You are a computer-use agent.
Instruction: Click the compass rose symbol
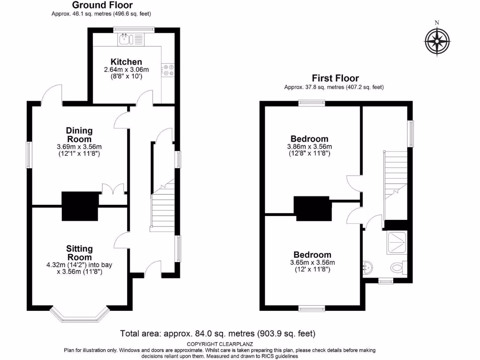[437, 41]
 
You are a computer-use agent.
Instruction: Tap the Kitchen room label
[126, 62]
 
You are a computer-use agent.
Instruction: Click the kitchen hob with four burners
[168, 70]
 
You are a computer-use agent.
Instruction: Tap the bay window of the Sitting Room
[81, 315]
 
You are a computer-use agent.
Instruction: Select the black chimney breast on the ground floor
[80, 206]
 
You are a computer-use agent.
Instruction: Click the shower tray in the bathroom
[397, 243]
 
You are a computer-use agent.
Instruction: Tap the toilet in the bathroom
[398, 268]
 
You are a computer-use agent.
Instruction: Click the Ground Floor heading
[102, 5]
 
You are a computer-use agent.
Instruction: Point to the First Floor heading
[335, 78]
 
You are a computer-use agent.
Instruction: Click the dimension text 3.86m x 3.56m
[309, 146]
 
